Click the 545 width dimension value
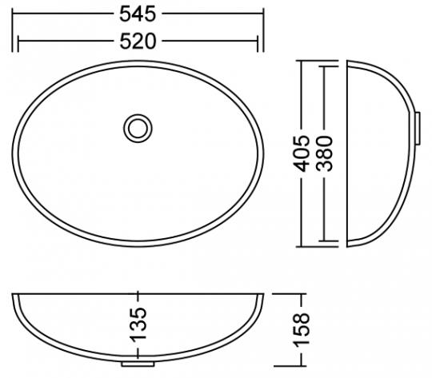tap(138, 14)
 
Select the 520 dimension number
tap(138, 42)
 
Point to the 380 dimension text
tap(324, 152)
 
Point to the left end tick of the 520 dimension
tap(18, 42)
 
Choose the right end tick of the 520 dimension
tap(258, 42)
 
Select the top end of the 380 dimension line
tap(324, 66)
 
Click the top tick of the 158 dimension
tap(302, 294)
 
